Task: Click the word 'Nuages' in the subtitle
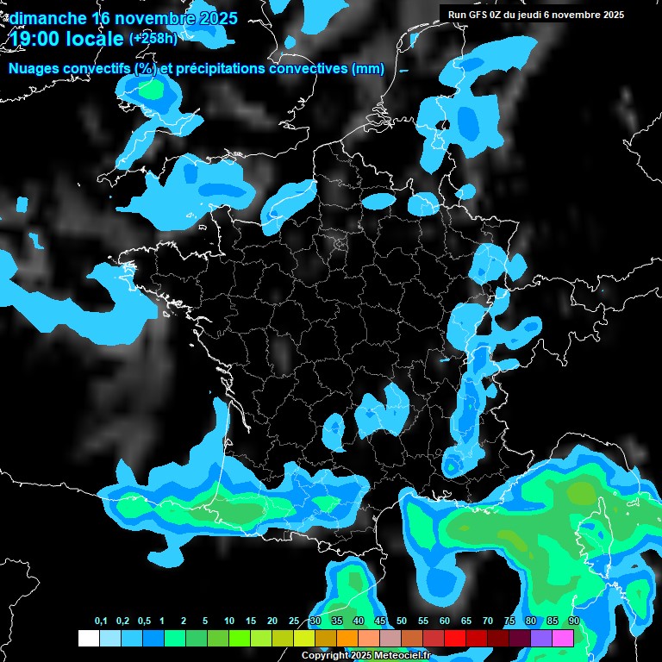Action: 35,68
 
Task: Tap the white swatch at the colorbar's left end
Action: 88,638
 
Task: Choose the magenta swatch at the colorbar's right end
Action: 563,638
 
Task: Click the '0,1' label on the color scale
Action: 100,621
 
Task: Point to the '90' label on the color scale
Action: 574,621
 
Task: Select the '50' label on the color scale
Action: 402,621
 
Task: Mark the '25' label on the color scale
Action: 294,621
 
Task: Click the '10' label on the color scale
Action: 229,621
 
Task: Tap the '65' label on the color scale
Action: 466,621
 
